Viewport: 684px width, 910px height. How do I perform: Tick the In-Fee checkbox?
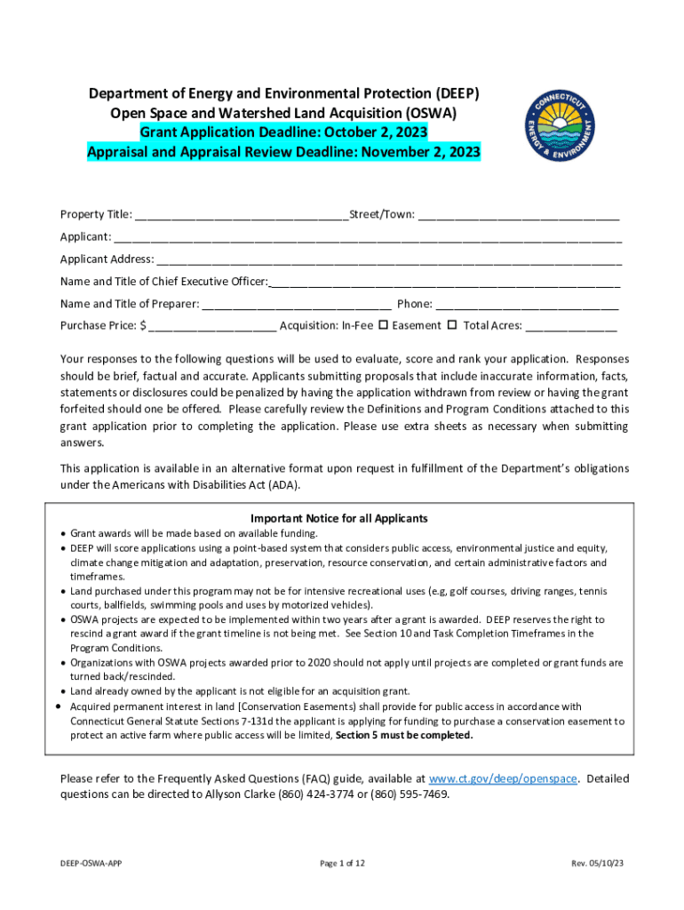(383, 325)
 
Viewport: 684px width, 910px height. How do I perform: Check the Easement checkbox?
(451, 325)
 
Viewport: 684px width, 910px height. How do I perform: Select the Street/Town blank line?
(519, 215)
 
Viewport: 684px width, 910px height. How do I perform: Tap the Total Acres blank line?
(571, 326)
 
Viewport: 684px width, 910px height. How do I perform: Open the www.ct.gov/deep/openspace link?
(504, 778)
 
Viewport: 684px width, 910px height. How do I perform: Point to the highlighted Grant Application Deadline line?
(283, 132)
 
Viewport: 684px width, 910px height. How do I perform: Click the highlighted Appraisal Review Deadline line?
(283, 152)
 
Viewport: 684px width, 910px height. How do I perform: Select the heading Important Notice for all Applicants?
(339, 518)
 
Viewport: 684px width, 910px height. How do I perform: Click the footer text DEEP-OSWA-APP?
(85, 863)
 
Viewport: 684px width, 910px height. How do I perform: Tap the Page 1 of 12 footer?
(341, 863)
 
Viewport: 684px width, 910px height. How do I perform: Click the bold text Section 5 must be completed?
(404, 736)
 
